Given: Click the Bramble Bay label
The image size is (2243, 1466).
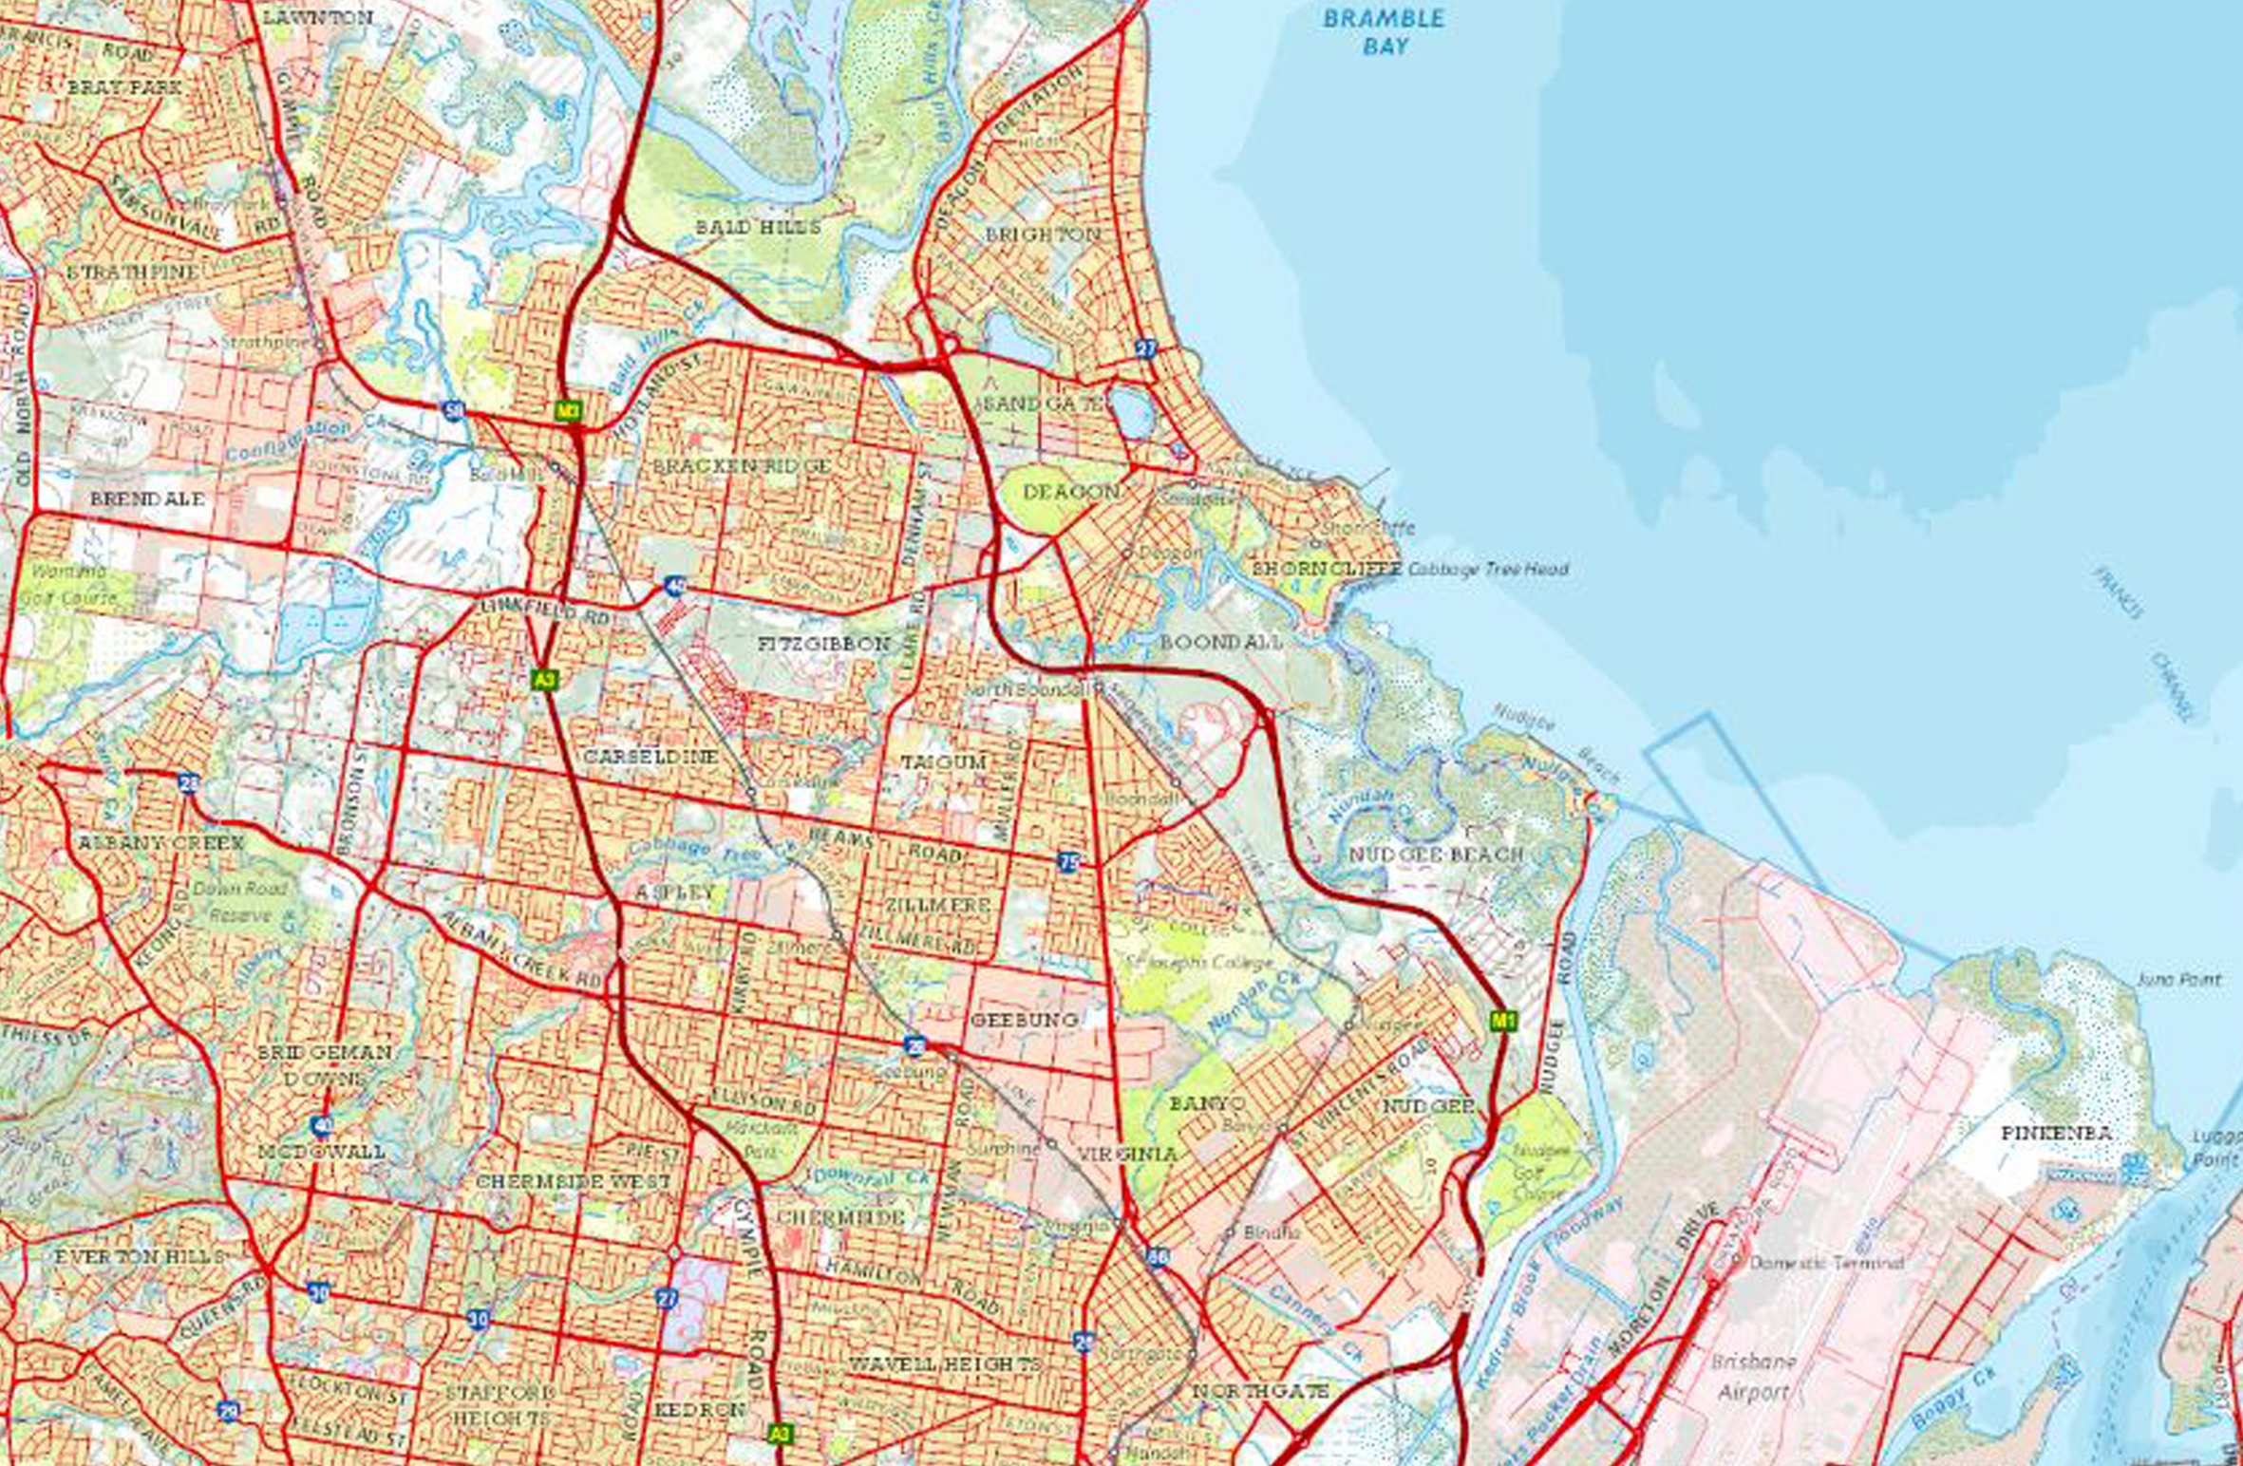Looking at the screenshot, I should click(1384, 31).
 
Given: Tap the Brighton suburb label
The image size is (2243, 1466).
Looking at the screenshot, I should click(1043, 234).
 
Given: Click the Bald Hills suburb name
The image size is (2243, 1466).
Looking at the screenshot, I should click(758, 227).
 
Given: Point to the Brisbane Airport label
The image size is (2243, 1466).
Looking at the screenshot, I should click(1753, 1378).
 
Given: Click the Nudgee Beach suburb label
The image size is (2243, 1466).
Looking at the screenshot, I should click(1435, 855).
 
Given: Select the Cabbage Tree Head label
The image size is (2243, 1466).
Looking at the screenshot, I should click(1487, 570).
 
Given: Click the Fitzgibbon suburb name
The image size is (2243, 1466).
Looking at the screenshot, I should click(824, 644).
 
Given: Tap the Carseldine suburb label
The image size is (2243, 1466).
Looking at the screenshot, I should click(650, 757).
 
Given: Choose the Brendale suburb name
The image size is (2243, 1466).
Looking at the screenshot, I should click(147, 498).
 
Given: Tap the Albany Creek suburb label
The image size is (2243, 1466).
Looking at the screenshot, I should click(160, 842).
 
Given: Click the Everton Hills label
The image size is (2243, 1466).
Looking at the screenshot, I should click(140, 1256).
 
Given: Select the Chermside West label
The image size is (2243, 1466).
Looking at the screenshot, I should click(573, 1182).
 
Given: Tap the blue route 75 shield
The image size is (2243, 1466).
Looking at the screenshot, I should click(1068, 862).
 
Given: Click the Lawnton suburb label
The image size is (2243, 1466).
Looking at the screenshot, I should click(317, 17).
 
